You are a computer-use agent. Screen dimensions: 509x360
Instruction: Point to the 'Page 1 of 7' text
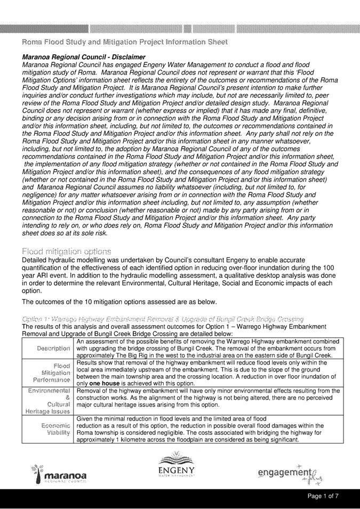326,496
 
